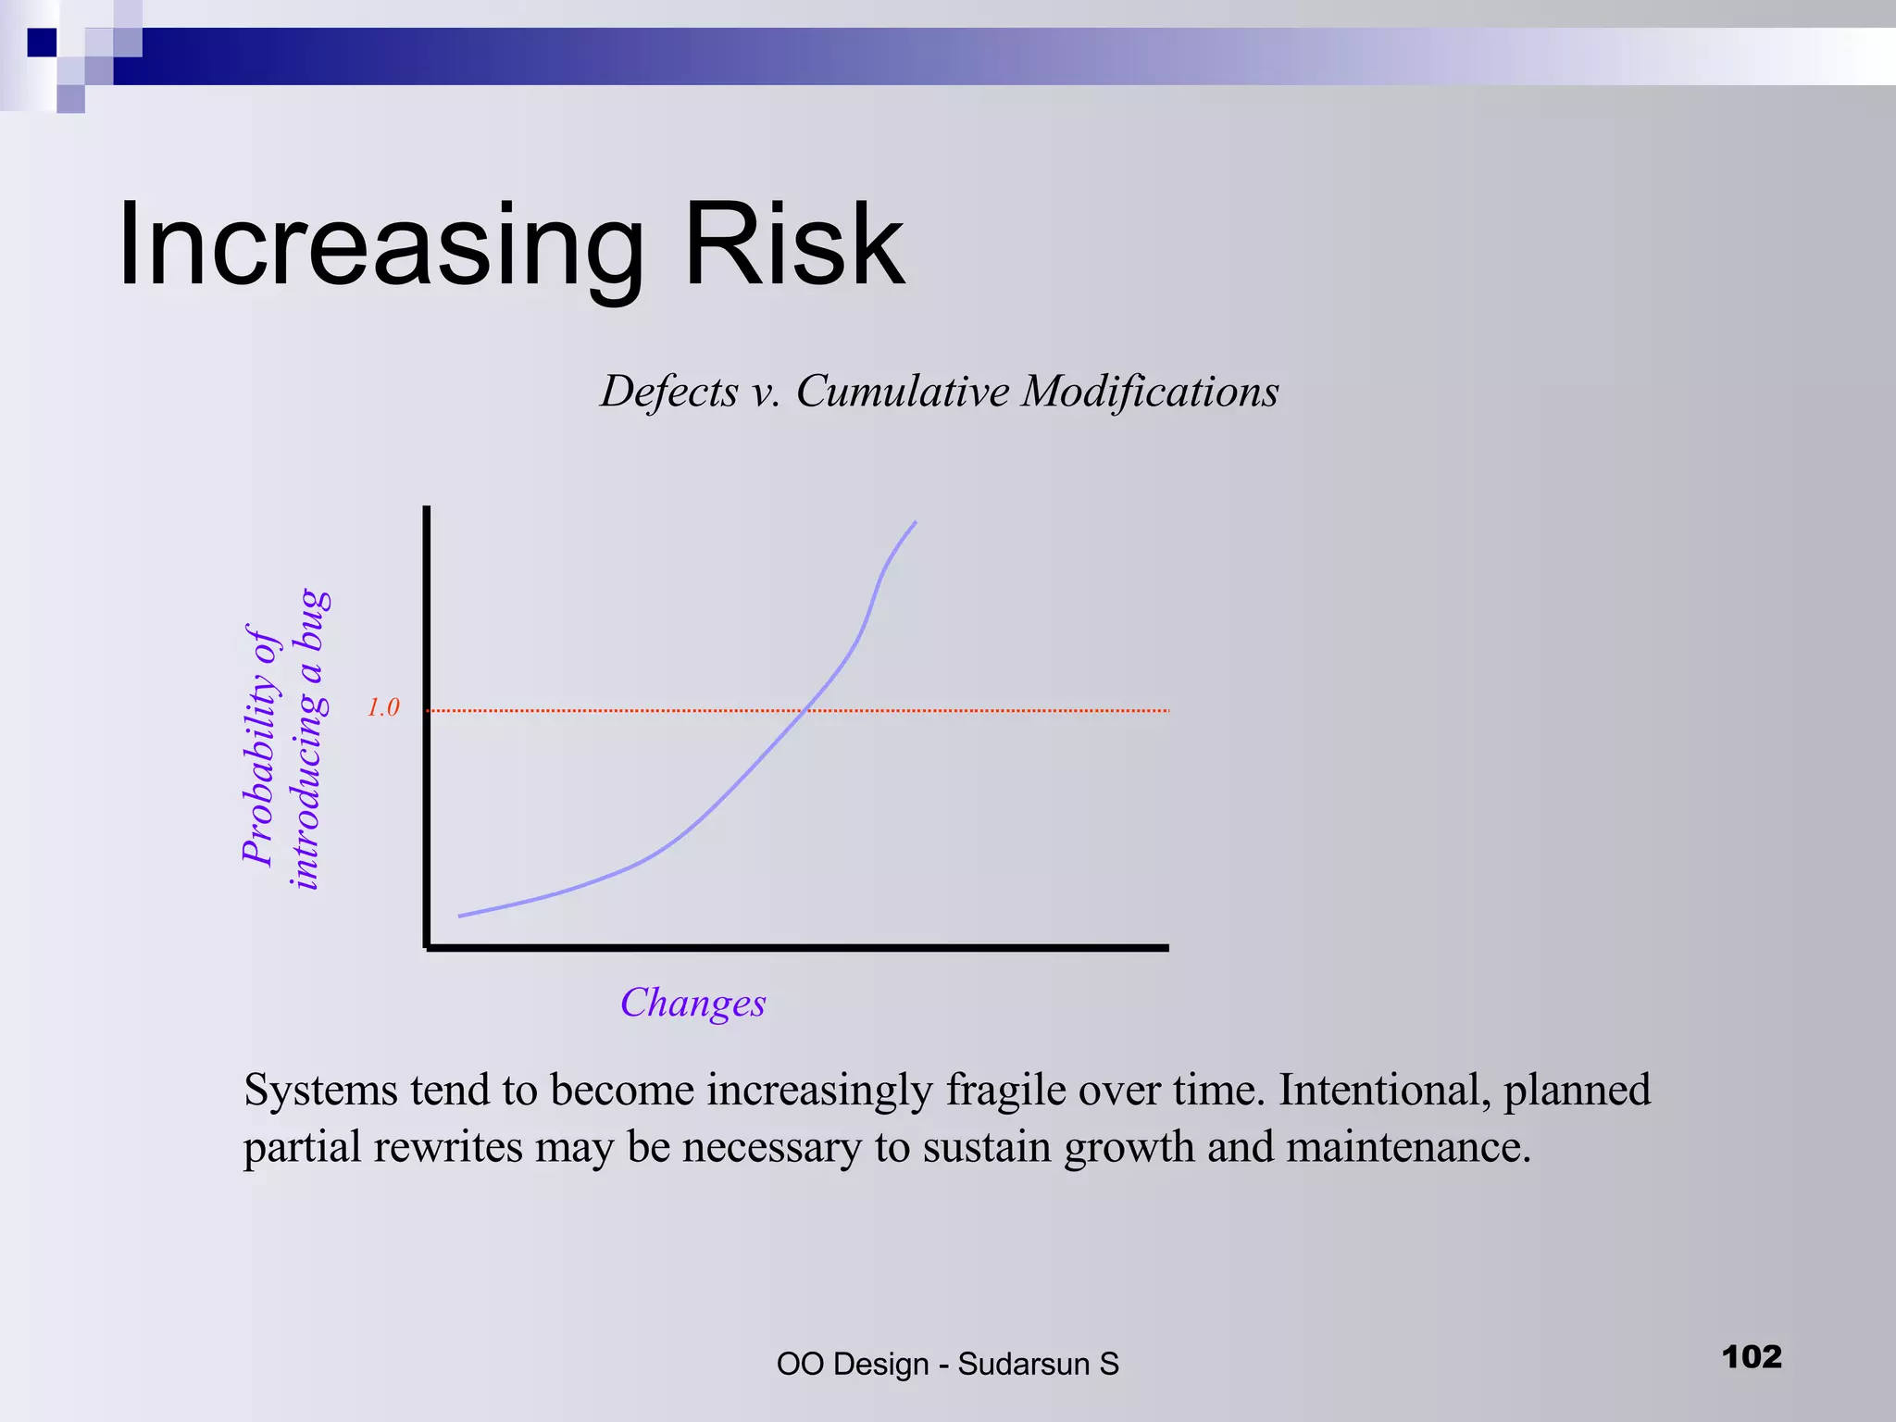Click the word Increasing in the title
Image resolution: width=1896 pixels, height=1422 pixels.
click(380, 246)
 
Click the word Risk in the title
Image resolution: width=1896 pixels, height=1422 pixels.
click(793, 246)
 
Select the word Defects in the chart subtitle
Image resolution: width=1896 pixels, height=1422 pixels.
click(669, 392)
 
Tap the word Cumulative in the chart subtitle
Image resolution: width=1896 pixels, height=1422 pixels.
click(903, 392)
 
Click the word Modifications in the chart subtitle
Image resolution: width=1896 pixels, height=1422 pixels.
click(1150, 392)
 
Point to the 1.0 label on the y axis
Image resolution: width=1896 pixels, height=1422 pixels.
click(382, 708)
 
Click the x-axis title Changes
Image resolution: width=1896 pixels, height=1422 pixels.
click(692, 1004)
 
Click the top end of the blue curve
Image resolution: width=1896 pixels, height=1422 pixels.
click(915, 523)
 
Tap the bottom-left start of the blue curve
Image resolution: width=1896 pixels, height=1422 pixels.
click(461, 916)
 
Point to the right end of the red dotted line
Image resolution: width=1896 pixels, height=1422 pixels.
click(1167, 710)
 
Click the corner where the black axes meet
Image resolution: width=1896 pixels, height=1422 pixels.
click(427, 947)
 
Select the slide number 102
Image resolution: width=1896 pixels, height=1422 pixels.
click(1752, 1357)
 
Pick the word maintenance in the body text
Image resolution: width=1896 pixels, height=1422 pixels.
click(1407, 1148)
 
